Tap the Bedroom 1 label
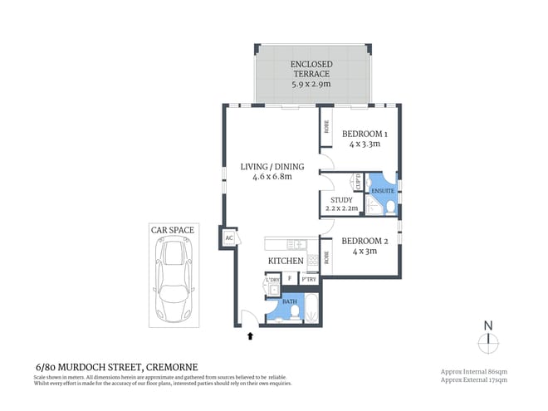click(x=363, y=134)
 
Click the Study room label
click(x=341, y=200)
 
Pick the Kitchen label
click(x=284, y=262)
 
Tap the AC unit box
click(x=228, y=237)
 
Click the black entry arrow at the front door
click(x=249, y=336)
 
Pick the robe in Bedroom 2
click(x=327, y=258)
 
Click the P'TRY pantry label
click(x=308, y=280)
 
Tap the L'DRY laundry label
click(x=272, y=280)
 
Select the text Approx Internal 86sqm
click(x=482, y=371)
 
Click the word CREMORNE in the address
click(x=172, y=366)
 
